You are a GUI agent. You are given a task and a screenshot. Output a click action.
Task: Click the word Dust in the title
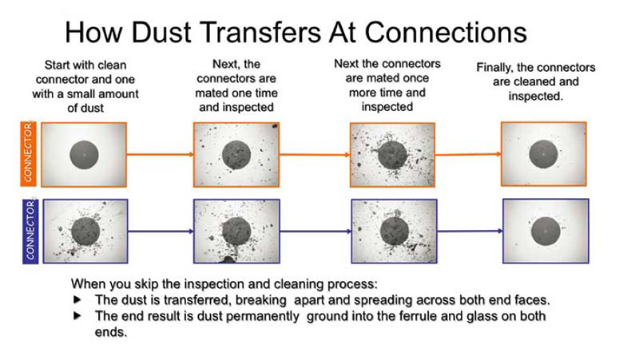161,32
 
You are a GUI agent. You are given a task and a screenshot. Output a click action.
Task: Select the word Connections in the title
446,32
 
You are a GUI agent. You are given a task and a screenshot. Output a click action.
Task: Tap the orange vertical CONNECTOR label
29,154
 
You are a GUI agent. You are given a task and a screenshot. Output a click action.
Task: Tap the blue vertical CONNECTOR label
30,231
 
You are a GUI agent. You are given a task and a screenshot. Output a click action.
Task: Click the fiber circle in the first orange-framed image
84,155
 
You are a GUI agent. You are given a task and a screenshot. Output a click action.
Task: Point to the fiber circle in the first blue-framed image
85,231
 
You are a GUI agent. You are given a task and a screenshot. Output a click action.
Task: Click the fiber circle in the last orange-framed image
543,154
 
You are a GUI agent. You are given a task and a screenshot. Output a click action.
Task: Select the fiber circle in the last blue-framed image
546,231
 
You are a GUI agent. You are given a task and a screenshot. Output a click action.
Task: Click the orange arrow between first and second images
160,154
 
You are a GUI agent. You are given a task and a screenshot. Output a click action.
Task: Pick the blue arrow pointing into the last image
470,231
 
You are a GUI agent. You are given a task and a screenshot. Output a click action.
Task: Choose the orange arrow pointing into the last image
468,154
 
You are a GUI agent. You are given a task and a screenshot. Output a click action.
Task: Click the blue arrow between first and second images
161,231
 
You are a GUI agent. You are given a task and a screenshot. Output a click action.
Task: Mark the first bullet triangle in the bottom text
77,299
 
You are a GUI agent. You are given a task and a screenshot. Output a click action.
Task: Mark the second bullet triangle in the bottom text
77,315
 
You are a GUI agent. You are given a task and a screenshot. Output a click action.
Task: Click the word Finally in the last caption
494,68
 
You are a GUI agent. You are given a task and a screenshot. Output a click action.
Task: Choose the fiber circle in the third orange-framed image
392,155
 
